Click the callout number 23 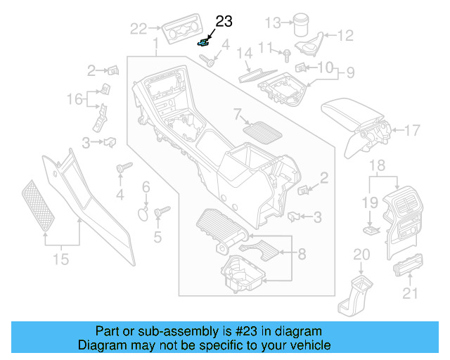[x=223, y=22]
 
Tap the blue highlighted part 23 [x=205, y=42]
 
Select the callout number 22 [x=139, y=29]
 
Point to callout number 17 [x=413, y=130]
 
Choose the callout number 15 [x=61, y=259]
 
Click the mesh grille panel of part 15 [x=40, y=205]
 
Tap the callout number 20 [x=361, y=255]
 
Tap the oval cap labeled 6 [x=142, y=213]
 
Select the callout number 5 [x=157, y=237]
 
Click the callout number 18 [x=378, y=165]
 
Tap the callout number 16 [x=75, y=99]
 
